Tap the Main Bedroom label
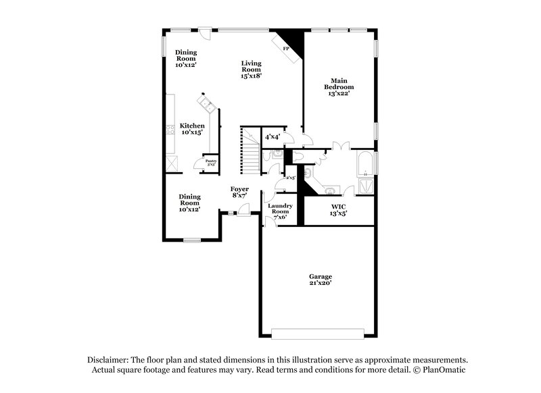point(339,86)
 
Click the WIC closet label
point(338,209)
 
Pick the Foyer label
point(239,192)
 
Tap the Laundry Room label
point(279,211)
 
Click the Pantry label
point(211,162)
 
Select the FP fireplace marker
point(285,49)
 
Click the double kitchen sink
point(207,105)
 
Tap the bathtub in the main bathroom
point(365,162)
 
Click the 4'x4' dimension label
point(273,137)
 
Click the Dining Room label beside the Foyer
point(189,203)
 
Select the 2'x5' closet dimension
point(291,178)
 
